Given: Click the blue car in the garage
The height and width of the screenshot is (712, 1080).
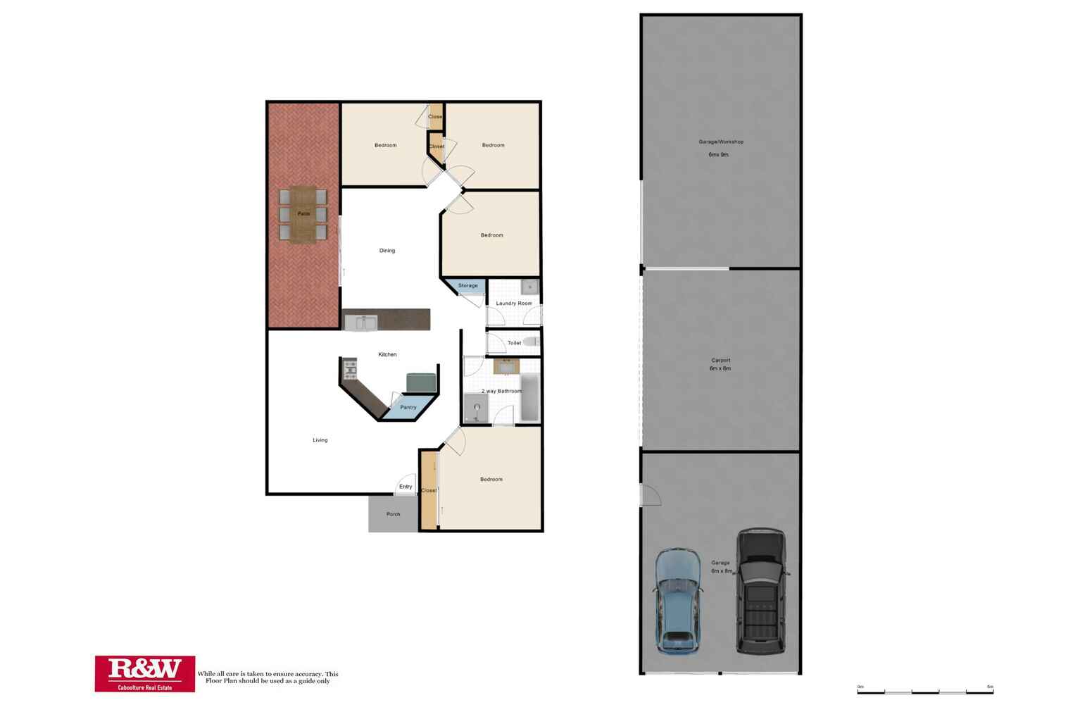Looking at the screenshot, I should [x=678, y=601].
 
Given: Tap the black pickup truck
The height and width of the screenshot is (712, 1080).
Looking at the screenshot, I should [x=760, y=592].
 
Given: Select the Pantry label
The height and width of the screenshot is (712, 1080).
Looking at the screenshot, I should [x=408, y=407].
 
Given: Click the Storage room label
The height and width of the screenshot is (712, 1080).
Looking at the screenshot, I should [x=468, y=286].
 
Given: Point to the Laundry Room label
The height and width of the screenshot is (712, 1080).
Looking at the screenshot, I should [x=514, y=304].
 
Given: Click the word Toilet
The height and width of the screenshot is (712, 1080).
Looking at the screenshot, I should [x=515, y=343].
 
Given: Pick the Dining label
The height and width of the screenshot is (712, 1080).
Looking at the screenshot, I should [x=387, y=251].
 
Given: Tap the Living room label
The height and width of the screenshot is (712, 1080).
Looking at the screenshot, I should [x=320, y=440].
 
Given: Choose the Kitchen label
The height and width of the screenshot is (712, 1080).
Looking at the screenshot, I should [x=387, y=354].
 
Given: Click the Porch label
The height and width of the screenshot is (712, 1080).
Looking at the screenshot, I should [x=394, y=514].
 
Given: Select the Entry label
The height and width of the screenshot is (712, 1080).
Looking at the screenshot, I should [x=406, y=487].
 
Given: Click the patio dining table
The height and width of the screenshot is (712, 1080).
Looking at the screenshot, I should [x=303, y=214].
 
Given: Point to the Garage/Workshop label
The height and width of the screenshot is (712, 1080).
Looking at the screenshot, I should [x=720, y=142].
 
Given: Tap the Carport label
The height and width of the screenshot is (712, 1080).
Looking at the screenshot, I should [x=720, y=361].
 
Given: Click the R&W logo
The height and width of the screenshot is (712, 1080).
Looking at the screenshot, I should [x=145, y=673].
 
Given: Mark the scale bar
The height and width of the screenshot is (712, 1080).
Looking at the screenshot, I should [x=924, y=692].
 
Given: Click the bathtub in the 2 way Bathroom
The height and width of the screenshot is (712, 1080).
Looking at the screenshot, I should [x=529, y=398].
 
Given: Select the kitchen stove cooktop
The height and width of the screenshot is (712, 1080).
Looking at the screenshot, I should [x=350, y=368].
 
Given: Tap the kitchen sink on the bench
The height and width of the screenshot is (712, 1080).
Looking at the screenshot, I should [x=361, y=323].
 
